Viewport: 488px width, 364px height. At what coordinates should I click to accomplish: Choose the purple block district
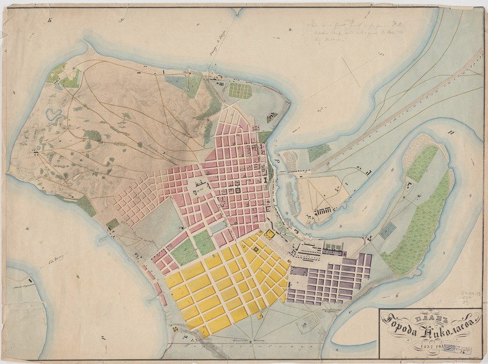pyautogui.click(x=329, y=280)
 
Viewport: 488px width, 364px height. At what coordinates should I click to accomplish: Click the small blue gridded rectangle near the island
pyautogui.click(x=387, y=230)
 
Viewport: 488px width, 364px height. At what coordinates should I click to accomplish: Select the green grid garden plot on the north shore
pyautogui.click(x=240, y=90)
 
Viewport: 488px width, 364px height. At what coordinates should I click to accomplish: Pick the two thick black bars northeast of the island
pyautogui.click(x=451, y=132)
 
